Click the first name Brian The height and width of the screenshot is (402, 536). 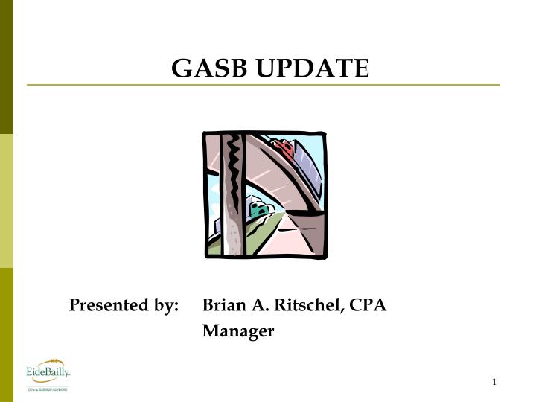point(226,305)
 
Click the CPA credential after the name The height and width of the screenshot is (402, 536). point(368,305)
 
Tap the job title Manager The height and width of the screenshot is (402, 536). point(238,331)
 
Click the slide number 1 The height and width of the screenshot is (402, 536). point(494,383)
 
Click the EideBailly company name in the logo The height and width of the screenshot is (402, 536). point(48,371)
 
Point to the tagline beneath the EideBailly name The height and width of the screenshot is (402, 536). point(48,388)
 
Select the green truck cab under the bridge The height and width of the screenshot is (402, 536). point(259,211)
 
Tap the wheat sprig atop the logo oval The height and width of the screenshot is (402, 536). point(51,361)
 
